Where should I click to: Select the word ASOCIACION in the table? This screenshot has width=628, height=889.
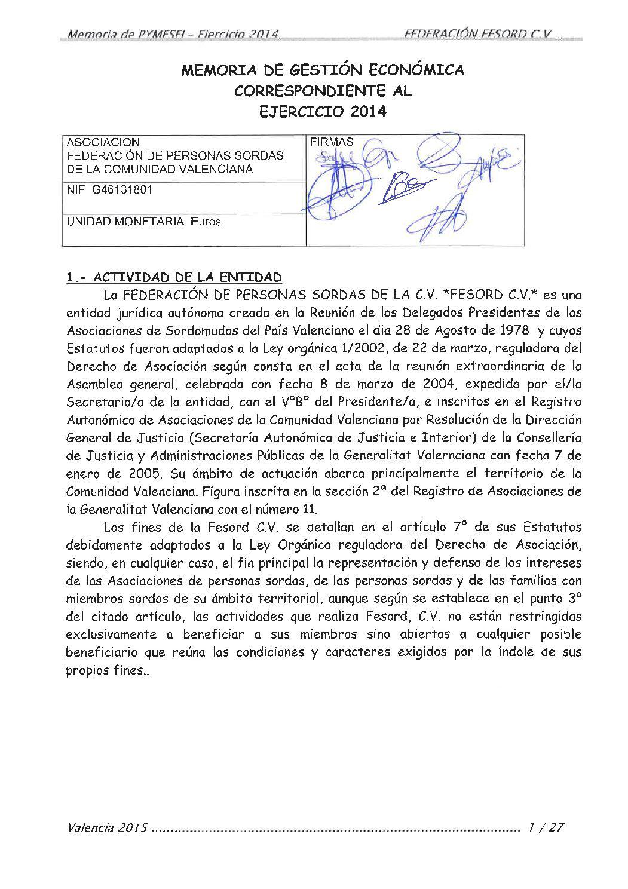103,143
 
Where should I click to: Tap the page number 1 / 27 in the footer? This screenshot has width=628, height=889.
545,828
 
